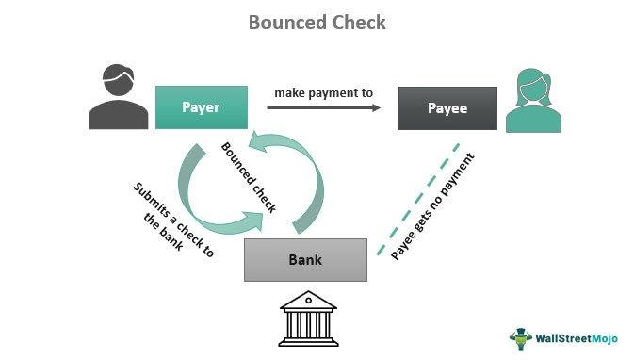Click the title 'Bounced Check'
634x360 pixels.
(x=317, y=22)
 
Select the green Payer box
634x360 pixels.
(x=201, y=107)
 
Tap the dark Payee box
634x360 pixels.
(x=446, y=108)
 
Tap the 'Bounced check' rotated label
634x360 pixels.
(x=249, y=176)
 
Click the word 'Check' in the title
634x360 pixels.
(x=354, y=22)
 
